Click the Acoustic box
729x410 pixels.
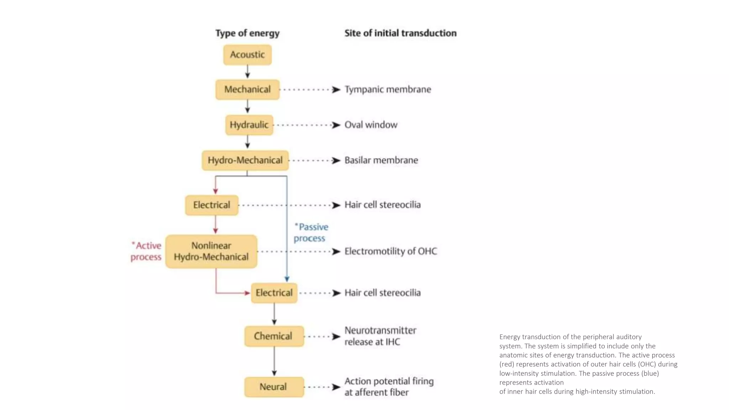pyautogui.click(x=247, y=55)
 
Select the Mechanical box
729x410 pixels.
pyautogui.click(x=247, y=89)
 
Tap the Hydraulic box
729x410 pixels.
pyautogui.click(x=249, y=125)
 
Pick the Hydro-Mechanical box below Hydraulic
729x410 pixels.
pyautogui.click(x=245, y=160)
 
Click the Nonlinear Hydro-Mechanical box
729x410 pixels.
pyautogui.click(x=211, y=251)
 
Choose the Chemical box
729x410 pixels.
pyautogui.click(x=274, y=336)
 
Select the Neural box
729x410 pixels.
pyautogui.click(x=274, y=387)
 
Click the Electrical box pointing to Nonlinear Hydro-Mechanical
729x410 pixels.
pyautogui.click(x=211, y=205)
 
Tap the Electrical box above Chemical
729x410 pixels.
pyautogui.click(x=274, y=293)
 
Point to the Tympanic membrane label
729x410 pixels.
pyautogui.click(x=388, y=89)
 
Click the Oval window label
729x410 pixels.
pyautogui.click(x=371, y=125)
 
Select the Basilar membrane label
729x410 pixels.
pyautogui.click(x=381, y=160)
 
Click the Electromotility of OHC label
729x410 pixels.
pyautogui.click(x=390, y=251)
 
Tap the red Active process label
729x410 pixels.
pyautogui.click(x=146, y=251)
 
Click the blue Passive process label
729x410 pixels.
pyautogui.click(x=311, y=232)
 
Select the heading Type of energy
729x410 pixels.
pyautogui.click(x=247, y=33)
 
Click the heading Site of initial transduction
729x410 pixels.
pyautogui.click(x=400, y=33)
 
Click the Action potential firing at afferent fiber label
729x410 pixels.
pyautogui.click(x=389, y=387)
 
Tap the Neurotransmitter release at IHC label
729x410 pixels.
pyautogui.click(x=380, y=336)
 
